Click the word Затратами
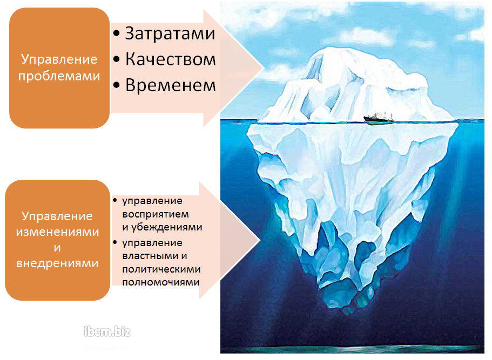pos(170,33)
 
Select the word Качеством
pos(171,59)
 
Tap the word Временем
pos(171,85)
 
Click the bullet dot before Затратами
pos(117,33)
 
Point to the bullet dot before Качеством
pos(117,59)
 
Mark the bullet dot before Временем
pos(117,85)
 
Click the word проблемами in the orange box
pos(59,76)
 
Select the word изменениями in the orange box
pos(57,232)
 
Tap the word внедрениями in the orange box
pos(57,263)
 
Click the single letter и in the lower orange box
pos(57,247)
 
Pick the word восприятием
pos(156,214)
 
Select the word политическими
pos(161,269)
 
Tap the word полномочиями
pos(161,282)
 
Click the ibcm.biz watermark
pos(107,331)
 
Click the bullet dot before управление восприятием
pos(115,200)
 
